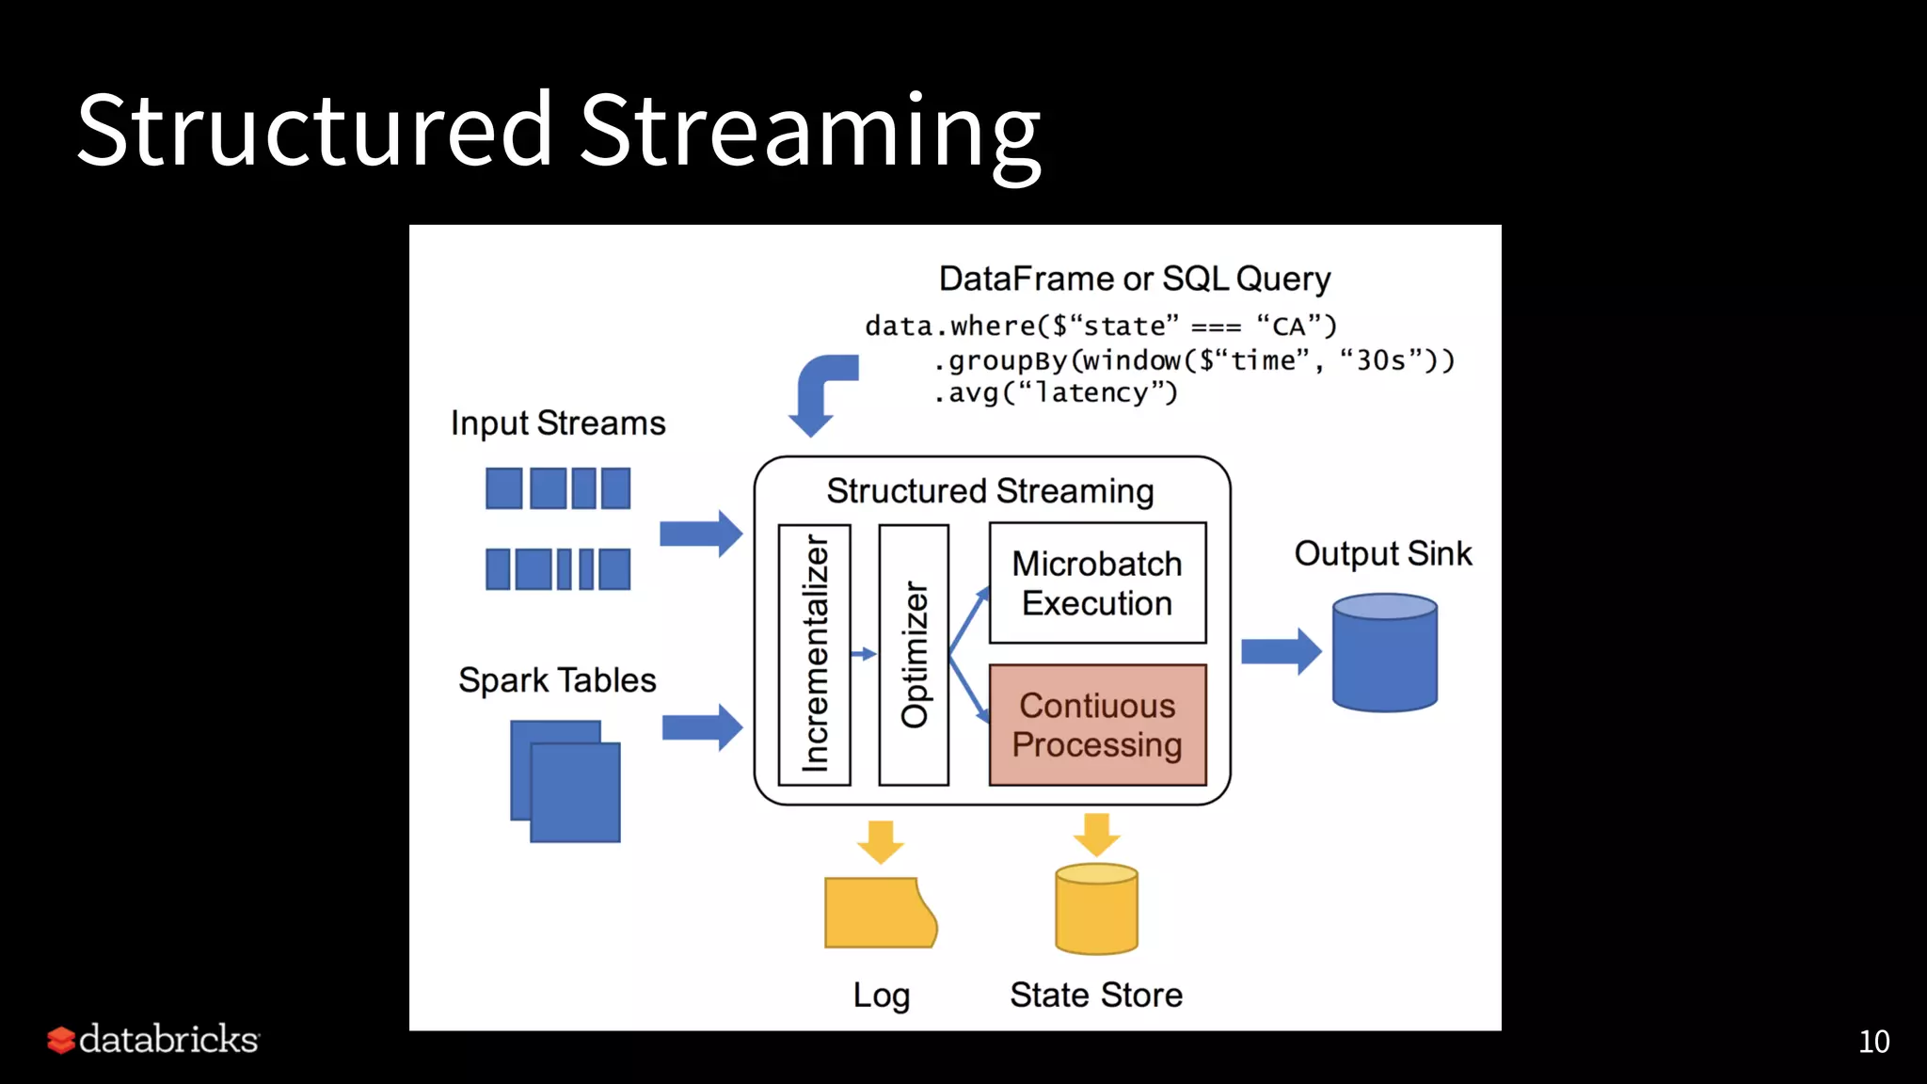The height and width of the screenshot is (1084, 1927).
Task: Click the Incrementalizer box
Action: (x=814, y=655)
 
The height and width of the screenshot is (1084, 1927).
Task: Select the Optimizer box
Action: (x=913, y=655)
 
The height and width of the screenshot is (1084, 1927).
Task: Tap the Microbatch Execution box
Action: (x=1097, y=583)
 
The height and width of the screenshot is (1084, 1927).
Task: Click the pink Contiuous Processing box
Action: (x=1097, y=725)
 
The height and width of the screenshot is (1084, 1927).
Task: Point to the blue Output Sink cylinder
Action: (x=1384, y=654)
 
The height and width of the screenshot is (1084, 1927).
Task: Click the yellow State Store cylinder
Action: (x=1096, y=911)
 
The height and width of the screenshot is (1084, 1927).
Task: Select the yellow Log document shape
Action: (x=879, y=913)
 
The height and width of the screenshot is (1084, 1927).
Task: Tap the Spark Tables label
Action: (x=557, y=680)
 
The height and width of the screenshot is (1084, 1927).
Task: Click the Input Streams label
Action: (x=558, y=423)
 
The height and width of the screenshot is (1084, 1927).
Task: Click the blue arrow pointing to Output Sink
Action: (x=1281, y=651)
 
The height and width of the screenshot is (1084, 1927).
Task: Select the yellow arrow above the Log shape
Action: (x=881, y=841)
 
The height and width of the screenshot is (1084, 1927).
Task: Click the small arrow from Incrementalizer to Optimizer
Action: (x=864, y=654)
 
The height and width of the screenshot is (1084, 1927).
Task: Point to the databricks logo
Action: (x=153, y=1040)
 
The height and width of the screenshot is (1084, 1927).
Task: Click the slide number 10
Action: (x=1873, y=1042)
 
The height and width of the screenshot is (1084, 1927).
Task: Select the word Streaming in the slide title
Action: (x=810, y=132)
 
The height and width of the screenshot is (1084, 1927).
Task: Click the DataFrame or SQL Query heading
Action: (x=1135, y=279)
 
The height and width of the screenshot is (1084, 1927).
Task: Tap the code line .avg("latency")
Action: (x=1055, y=392)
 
